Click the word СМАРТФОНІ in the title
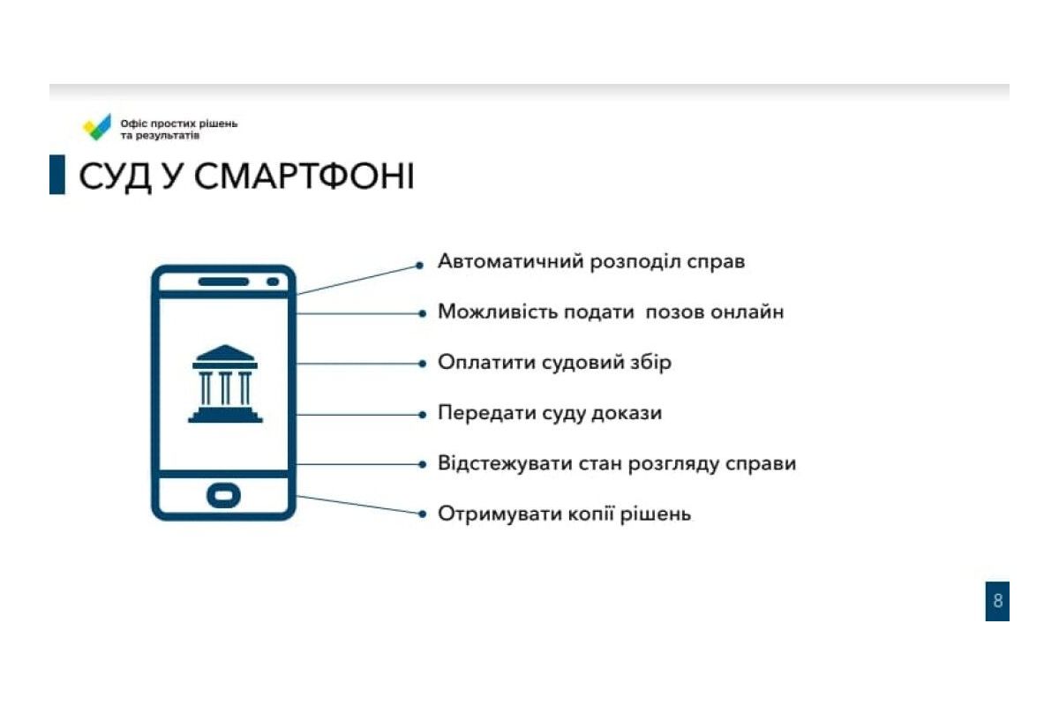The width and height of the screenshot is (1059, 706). pyautogui.click(x=304, y=176)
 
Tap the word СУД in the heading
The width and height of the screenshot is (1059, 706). pyautogui.click(x=115, y=177)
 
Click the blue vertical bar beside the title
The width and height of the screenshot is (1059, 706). pyautogui.click(x=57, y=175)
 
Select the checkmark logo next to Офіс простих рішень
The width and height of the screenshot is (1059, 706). pyautogui.click(x=97, y=127)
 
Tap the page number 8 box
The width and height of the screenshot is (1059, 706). pyautogui.click(x=997, y=601)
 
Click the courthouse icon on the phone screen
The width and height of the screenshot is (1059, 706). pyautogui.click(x=225, y=384)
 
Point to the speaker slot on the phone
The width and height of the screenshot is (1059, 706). pyautogui.click(x=223, y=282)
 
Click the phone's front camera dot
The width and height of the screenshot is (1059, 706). pyautogui.click(x=273, y=282)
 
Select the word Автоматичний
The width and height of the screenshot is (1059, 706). pyautogui.click(x=511, y=261)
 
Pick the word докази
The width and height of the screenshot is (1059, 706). pyautogui.click(x=627, y=413)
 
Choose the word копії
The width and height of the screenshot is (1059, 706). pyautogui.click(x=590, y=514)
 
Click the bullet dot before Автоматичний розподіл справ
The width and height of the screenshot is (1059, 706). pyautogui.click(x=419, y=266)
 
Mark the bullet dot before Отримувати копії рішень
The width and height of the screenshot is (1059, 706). pyautogui.click(x=422, y=514)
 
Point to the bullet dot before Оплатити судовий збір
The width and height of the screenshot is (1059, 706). pyautogui.click(x=422, y=364)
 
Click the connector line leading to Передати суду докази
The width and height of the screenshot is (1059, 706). pyautogui.click(x=358, y=415)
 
